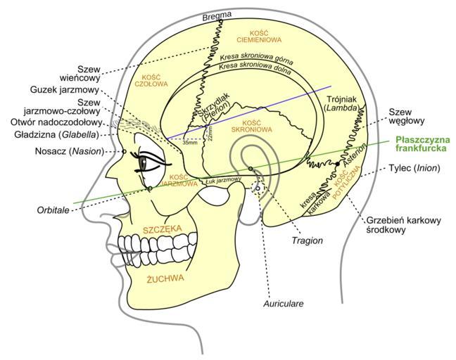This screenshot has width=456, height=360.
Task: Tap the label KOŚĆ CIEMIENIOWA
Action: pos(249,35)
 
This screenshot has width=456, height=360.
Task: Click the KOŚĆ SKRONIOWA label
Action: pos(251,126)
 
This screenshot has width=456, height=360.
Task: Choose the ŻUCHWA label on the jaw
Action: pos(165,278)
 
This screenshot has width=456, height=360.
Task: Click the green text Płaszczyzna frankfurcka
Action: pos(422,143)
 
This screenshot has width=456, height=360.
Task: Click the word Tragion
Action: pos(307,240)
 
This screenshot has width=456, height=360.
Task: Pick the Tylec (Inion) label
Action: pos(414,168)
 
